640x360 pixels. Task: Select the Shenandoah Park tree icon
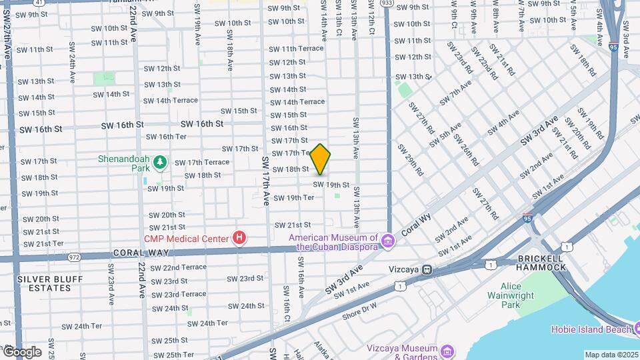159,162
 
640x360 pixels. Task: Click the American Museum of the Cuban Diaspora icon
372,239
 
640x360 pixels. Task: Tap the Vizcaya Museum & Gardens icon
447,351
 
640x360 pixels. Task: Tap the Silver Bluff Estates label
44,283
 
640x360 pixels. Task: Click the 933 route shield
387,3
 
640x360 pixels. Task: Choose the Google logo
22,351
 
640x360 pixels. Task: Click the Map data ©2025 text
611,355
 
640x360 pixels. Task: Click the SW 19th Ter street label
294,197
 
